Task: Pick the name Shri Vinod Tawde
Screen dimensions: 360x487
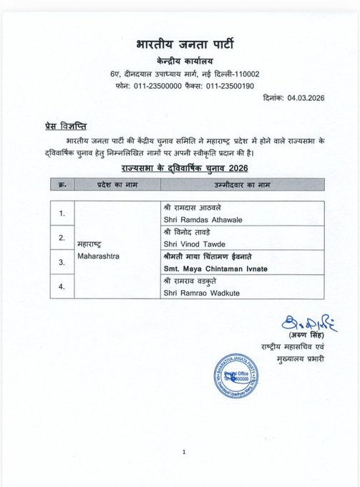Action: coord(193,243)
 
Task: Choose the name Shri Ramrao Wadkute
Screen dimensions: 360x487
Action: coord(200,291)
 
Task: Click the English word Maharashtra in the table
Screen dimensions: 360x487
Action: coord(99,256)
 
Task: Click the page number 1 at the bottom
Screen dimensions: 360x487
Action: coord(184,452)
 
